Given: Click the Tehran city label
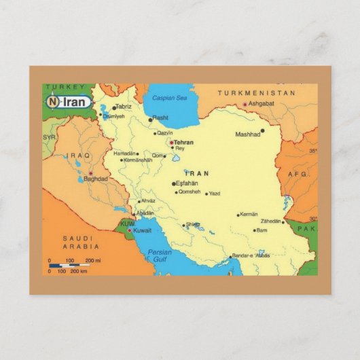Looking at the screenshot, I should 184,143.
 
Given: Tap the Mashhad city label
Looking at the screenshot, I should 247,134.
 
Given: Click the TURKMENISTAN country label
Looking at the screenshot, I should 256,92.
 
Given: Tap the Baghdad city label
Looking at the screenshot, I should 96,179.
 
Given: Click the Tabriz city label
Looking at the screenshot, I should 124,107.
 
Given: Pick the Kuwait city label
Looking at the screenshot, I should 142,231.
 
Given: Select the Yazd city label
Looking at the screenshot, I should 214,194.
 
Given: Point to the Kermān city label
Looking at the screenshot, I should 249,214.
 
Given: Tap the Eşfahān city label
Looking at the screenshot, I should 187,183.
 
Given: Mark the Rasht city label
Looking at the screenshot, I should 160,118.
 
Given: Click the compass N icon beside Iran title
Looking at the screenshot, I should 52,101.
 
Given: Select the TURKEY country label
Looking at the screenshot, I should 65,87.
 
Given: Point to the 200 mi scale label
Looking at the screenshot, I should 92,260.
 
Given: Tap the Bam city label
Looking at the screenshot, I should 262,230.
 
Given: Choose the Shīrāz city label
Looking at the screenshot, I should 193,225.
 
